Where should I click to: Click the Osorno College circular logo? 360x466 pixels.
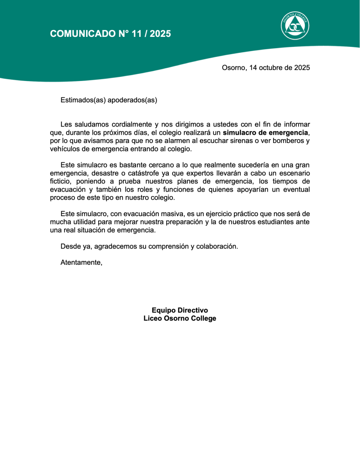click(295, 25)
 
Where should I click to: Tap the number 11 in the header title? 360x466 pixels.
click(137, 34)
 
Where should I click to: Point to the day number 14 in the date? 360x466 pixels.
click(254, 68)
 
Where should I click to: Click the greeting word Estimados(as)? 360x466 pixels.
click(83, 100)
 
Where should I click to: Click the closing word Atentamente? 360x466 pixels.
click(81, 263)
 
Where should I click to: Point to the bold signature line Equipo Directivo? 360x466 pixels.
click(180, 310)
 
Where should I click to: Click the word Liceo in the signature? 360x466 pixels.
click(153, 319)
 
